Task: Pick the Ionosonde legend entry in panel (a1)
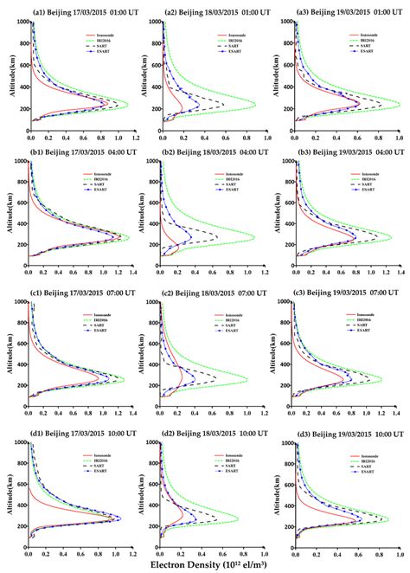pyautogui.click(x=101, y=38)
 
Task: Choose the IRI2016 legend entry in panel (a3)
pyautogui.click(x=374, y=43)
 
